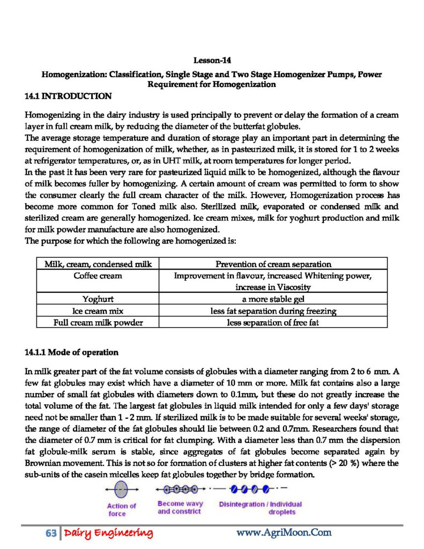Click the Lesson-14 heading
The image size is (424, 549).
(212, 61)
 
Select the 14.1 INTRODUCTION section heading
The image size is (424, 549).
(69, 97)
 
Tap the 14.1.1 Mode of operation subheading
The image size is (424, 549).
(71, 352)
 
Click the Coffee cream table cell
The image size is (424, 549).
(98, 276)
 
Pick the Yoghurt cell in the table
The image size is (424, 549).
(98, 299)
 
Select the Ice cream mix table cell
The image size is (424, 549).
(98, 311)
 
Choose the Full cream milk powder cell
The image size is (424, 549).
(98, 322)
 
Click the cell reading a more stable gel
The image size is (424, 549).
(273, 299)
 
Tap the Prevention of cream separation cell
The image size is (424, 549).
(273, 264)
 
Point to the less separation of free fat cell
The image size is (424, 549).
(273, 322)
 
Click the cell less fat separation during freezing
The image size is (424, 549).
(273, 311)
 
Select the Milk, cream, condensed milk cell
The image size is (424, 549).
(98, 264)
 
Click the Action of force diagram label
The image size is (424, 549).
(121, 509)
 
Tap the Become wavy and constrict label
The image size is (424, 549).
(180, 508)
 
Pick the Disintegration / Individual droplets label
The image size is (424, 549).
(261, 508)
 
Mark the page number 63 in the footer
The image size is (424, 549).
(51, 533)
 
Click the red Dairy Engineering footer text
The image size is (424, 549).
(108, 533)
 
